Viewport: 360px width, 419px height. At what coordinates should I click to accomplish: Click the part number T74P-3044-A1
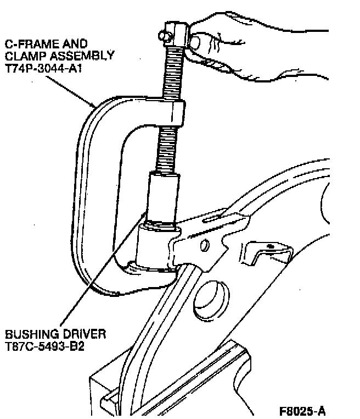click(41, 68)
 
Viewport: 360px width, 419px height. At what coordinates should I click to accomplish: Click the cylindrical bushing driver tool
click(163, 195)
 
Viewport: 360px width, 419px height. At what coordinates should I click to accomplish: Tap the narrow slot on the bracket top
click(217, 218)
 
